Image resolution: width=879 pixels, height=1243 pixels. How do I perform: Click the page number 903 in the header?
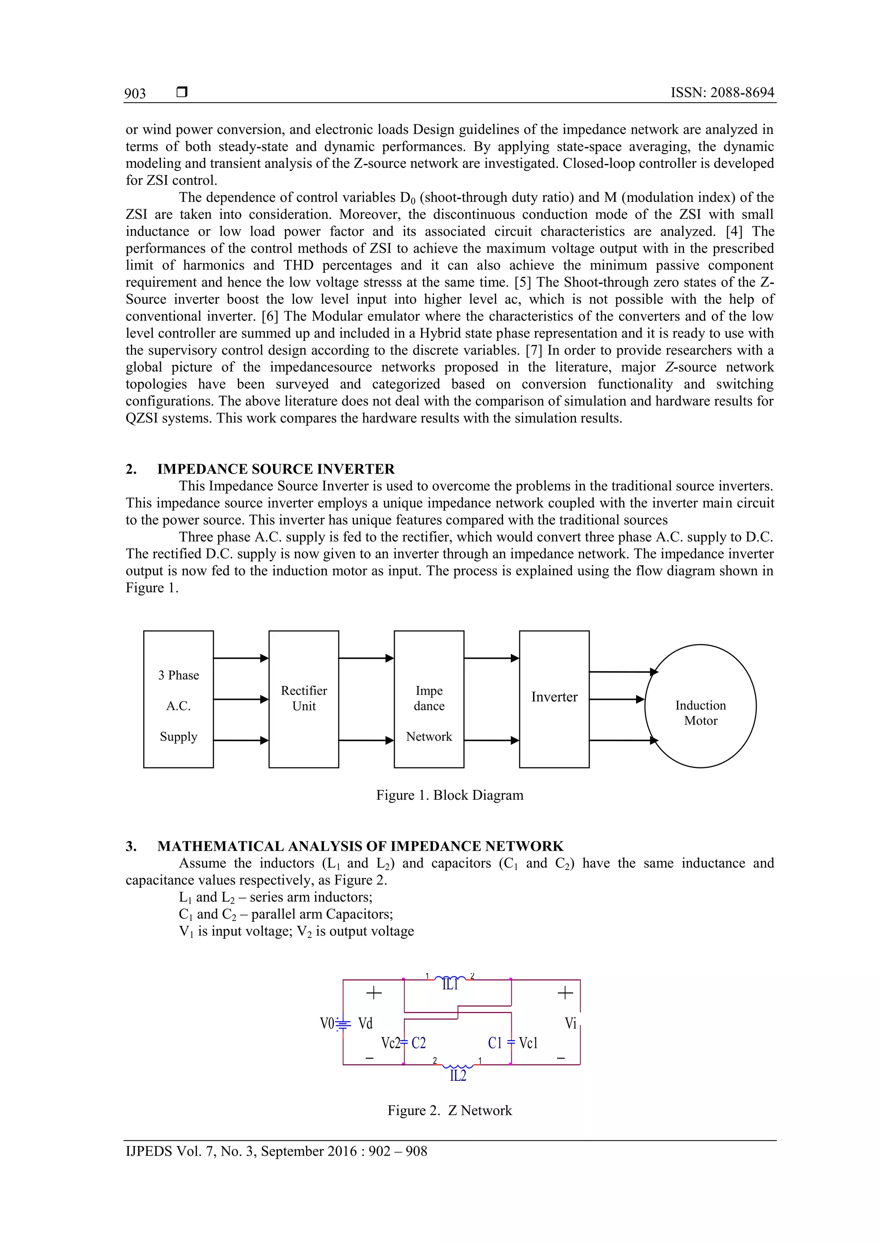pos(135,94)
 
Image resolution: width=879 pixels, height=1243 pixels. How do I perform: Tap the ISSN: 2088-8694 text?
pos(722,93)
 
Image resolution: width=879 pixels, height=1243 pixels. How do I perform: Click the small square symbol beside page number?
pos(182,93)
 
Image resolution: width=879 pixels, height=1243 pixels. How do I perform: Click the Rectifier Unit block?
pos(303,699)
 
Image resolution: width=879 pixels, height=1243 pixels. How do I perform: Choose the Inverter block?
pos(554,699)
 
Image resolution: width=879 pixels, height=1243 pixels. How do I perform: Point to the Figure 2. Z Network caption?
pos(449,1110)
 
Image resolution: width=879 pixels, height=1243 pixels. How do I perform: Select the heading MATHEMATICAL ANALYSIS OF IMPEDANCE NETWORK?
pos(360,846)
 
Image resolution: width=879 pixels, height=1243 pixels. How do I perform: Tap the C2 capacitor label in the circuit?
pos(418,1043)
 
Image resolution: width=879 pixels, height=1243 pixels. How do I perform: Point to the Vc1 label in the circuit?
pos(528,1043)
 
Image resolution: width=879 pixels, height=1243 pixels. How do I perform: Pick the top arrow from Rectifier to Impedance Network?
pos(366,658)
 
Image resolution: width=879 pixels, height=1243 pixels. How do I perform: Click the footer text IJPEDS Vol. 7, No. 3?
pos(276,1152)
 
